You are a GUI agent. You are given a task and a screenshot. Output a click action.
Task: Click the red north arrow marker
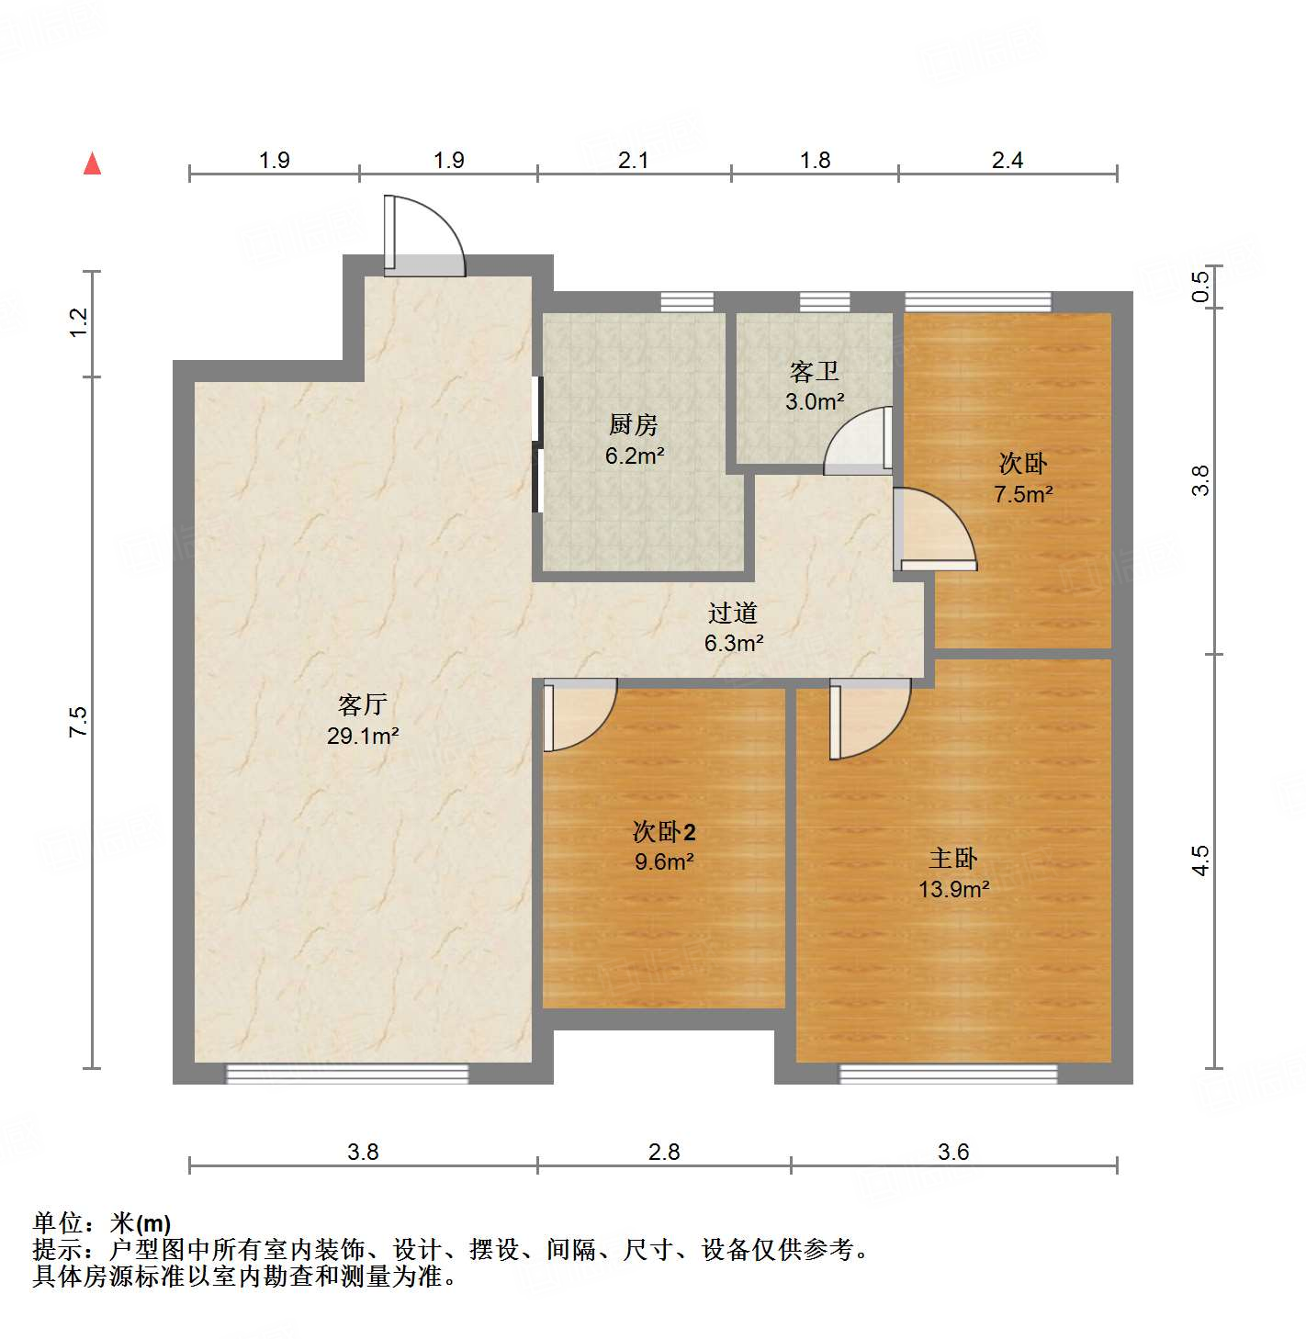click(x=92, y=163)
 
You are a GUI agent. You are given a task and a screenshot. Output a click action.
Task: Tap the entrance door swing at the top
click(x=424, y=237)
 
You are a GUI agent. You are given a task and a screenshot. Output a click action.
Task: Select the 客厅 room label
click(x=362, y=704)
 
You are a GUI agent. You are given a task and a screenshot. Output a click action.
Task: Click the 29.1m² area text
click(x=363, y=736)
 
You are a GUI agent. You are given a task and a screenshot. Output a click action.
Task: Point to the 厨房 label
click(x=634, y=425)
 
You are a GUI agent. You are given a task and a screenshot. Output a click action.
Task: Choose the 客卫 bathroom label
click(x=814, y=371)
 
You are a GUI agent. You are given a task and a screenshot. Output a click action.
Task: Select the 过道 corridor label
click(x=732, y=613)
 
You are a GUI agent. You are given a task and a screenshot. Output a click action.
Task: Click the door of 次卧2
click(x=579, y=715)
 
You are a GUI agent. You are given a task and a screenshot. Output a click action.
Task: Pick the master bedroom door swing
click(x=868, y=718)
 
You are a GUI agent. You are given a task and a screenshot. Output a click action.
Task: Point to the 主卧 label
click(x=952, y=859)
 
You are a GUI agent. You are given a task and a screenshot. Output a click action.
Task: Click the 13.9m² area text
click(x=953, y=889)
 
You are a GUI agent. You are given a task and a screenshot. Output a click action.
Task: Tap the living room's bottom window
click(x=347, y=1074)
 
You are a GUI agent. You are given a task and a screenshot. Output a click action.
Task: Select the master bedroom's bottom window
click(x=948, y=1074)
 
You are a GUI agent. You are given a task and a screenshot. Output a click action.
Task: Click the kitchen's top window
click(x=687, y=301)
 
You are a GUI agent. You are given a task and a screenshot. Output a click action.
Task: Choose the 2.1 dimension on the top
click(x=633, y=161)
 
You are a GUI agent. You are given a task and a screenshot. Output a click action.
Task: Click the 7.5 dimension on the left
click(x=78, y=722)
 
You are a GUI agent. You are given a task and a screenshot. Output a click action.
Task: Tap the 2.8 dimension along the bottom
click(x=663, y=1152)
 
